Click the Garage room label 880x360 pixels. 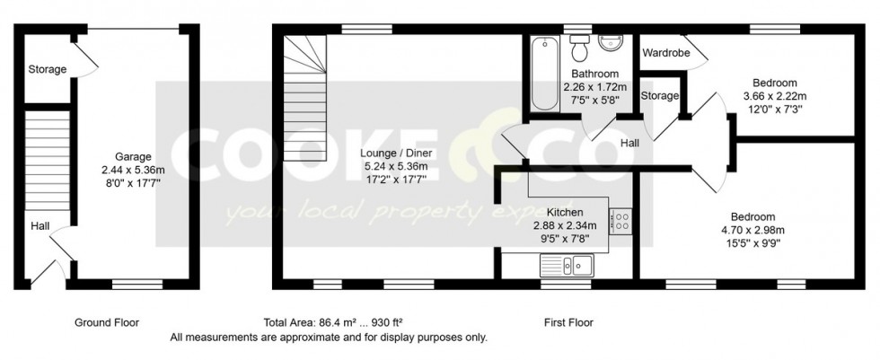click(x=133, y=156)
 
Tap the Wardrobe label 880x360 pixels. click(x=665, y=53)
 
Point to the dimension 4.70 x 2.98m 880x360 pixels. click(x=752, y=229)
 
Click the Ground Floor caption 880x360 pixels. click(x=108, y=322)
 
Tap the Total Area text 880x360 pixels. click(x=338, y=322)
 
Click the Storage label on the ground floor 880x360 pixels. click(x=48, y=69)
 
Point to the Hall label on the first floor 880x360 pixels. click(x=630, y=143)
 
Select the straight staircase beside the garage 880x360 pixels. click(x=47, y=157)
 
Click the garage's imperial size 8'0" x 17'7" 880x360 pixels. click(x=133, y=182)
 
